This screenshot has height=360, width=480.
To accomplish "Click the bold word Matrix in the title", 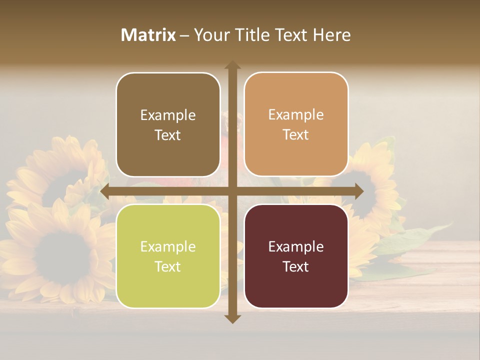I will [148, 35].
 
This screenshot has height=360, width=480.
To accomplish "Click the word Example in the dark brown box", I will [168, 115].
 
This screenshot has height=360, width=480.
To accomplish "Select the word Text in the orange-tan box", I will [296, 135].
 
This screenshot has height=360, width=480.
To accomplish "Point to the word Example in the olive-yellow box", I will [168, 247].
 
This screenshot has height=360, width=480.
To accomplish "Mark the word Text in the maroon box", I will [296, 266].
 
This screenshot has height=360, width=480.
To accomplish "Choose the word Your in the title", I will [209, 35].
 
